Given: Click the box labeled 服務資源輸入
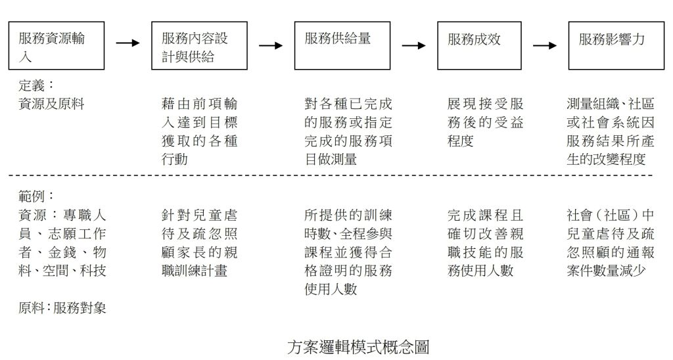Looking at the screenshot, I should (57, 46).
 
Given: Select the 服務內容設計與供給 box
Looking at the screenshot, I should (199, 46).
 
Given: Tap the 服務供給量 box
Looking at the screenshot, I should (342, 46).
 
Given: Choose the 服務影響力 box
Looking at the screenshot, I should (616, 46).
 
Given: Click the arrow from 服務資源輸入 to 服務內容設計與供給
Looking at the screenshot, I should (128, 43).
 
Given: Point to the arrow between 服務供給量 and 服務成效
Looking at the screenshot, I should (414, 45).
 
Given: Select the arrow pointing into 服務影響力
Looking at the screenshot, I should (545, 45).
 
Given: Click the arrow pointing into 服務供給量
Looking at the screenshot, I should (271, 45).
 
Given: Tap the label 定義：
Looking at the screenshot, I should (36, 85).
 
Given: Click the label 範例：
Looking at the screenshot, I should (36, 196).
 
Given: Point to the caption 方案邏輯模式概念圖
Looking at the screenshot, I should (358, 347).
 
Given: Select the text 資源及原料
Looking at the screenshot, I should (52, 104).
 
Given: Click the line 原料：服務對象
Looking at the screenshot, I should (62, 307).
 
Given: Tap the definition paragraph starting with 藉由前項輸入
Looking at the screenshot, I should (199, 131).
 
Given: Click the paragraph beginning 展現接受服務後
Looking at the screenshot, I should (486, 122).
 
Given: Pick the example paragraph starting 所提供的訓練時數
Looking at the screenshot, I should (348, 252).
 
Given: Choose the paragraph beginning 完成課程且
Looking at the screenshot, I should (486, 242).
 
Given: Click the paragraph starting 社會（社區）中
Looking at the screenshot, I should (611, 242).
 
